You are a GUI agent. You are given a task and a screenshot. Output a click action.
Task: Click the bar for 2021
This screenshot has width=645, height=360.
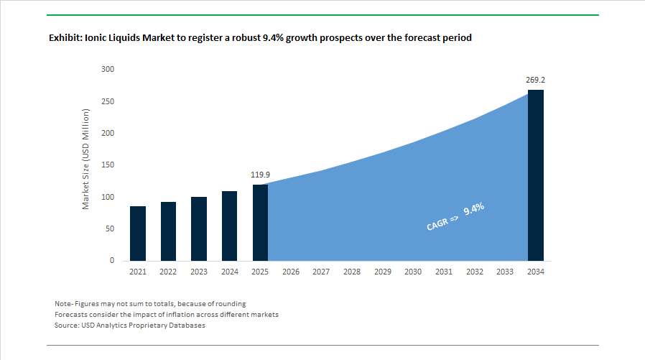138,234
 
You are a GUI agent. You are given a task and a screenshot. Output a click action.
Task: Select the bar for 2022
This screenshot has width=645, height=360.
168,231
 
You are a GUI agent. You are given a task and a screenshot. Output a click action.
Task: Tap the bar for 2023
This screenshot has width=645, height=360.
199,229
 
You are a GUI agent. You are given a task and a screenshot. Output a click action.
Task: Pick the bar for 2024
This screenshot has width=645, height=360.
230,226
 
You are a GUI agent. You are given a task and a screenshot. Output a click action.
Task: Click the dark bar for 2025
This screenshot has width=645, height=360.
260,223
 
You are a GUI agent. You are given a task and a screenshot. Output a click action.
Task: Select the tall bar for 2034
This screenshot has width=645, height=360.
536,175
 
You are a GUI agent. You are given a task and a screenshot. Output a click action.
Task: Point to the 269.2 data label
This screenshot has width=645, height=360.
536,80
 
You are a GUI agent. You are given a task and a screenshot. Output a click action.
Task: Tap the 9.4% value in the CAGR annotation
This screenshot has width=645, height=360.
474,209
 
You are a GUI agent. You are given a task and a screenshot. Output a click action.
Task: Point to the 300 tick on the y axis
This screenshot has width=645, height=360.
108,69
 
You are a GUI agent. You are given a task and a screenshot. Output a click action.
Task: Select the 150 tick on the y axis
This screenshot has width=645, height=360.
108,165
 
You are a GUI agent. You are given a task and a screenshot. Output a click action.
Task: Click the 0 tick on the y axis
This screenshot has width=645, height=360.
112,261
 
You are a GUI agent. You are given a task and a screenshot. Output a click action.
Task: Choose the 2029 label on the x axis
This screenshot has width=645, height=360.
383,272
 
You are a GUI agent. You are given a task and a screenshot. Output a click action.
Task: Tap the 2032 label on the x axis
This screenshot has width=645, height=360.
475,272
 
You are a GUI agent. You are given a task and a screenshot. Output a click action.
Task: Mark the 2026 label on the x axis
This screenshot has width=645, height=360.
291,272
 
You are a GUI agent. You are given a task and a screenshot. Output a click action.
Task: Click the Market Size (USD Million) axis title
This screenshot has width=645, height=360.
85,159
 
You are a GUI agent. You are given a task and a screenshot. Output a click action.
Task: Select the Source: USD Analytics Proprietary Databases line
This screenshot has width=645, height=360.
130,326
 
